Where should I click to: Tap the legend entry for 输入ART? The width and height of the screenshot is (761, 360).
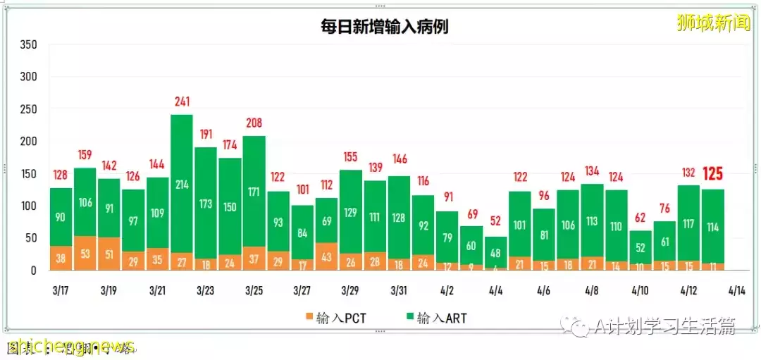tap(436, 318)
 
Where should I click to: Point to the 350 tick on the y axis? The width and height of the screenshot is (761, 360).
tap(28, 44)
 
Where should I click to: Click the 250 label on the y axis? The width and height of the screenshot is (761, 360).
tap(28, 109)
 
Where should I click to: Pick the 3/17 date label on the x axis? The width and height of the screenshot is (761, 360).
tap(60, 290)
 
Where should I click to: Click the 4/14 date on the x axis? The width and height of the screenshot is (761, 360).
tap(736, 290)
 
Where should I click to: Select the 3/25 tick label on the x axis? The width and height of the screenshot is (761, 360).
tap(254, 290)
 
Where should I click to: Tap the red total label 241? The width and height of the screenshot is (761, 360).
tap(182, 102)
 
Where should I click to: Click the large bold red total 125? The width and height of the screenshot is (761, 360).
tap(712, 173)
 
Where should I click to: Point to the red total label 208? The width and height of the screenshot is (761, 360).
tap(254, 123)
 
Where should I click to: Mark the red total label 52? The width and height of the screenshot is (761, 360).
tap(495, 221)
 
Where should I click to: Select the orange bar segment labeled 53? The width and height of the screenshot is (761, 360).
tap(85, 254)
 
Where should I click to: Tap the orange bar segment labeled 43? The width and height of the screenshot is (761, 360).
tap(326, 256)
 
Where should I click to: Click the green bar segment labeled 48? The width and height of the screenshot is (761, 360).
tap(495, 252)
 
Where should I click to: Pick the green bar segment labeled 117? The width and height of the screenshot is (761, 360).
tap(688, 223)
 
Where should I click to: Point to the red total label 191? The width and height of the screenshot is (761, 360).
tap(206, 135)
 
